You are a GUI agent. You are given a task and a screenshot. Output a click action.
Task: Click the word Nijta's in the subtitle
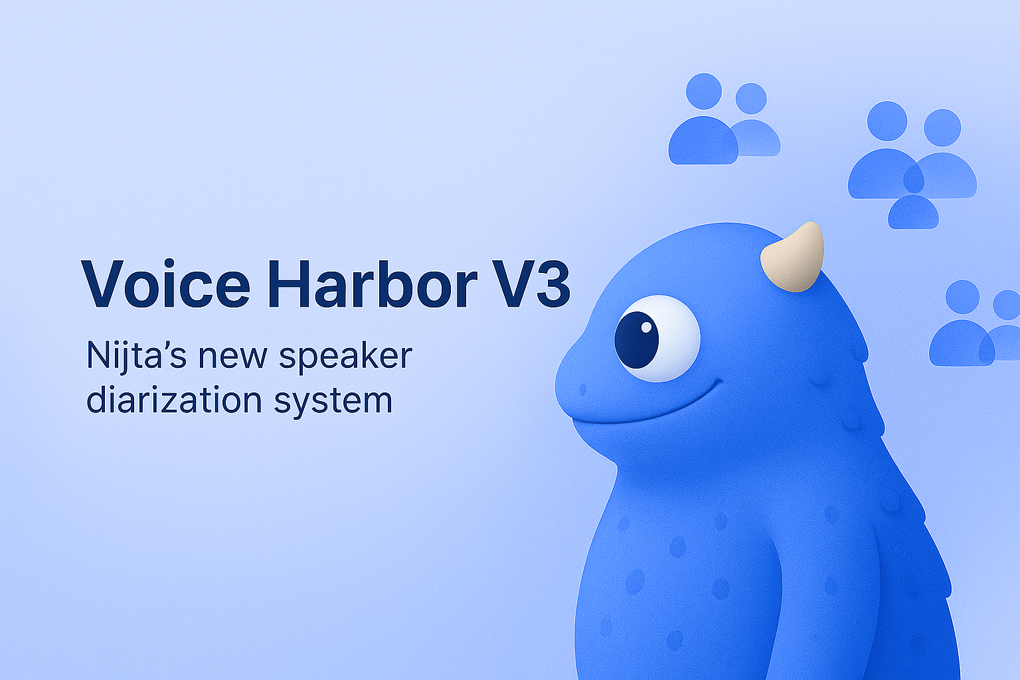coord(136,355)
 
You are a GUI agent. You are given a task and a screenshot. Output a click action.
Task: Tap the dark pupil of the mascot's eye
coord(636,340)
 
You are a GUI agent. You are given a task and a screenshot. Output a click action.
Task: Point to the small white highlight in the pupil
coord(646,327)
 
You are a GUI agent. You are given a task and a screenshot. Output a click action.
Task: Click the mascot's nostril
coord(582,390)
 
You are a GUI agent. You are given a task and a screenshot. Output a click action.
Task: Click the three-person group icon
coord(912,165)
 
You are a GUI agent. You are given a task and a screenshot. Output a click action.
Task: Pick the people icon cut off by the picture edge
coord(974,323)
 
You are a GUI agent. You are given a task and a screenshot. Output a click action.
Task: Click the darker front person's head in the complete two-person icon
coord(704,91)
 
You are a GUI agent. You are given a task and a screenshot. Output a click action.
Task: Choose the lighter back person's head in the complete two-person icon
coord(751,98)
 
